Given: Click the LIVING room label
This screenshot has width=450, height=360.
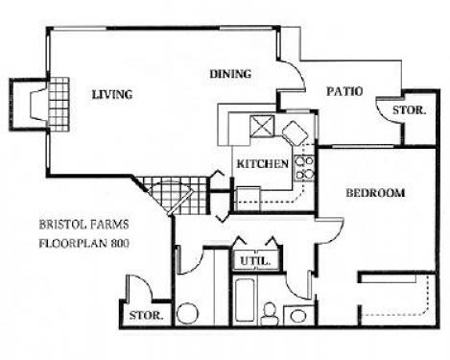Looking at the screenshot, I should coord(111,94).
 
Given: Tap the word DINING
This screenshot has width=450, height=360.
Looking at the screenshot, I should coord(229,73).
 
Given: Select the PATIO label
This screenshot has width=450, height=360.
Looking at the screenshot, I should coord(343,92).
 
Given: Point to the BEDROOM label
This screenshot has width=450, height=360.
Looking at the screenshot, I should coord(374,193).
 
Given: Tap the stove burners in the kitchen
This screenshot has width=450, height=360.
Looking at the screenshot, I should coord(304,167).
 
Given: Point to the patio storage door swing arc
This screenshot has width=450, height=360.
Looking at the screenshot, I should coord(390,109).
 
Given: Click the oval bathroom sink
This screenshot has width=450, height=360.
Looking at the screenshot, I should coord(187,314).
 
